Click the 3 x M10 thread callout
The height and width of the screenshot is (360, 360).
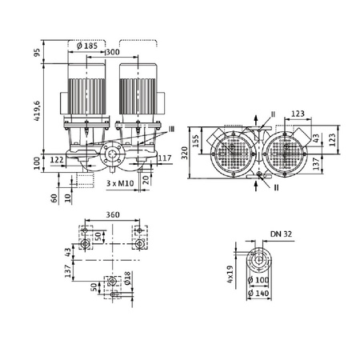119,182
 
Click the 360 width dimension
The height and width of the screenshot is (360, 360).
114,215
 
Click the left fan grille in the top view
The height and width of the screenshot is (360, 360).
233,150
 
